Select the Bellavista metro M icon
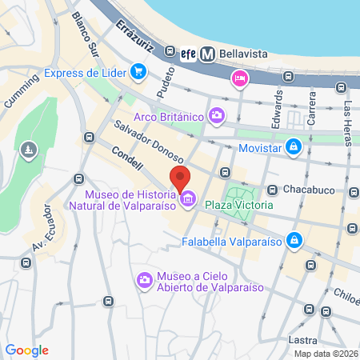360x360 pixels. pos(208,54)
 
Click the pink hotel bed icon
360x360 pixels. pos(238,78)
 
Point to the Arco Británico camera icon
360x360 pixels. pos(217,117)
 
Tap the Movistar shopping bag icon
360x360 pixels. pos(294,146)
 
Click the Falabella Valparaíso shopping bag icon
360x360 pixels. pos(295,239)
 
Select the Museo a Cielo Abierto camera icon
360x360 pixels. pos(145,281)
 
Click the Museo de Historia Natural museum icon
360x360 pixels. pos(189,198)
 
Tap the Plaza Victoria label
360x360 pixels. pos(238,205)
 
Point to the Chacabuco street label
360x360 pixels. pos(309,190)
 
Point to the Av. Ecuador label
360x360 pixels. pos(46,227)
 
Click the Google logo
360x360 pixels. pos(26,350)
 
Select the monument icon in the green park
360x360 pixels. pos(29,150)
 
